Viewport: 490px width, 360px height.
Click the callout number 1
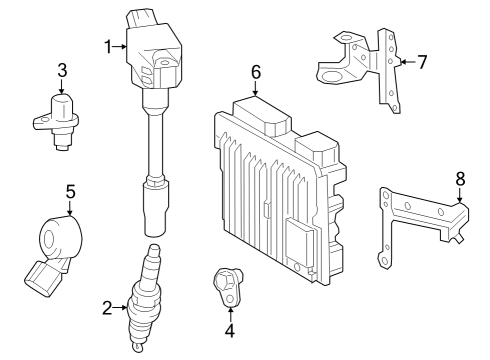(x=109, y=45)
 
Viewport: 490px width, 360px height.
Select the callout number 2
(x=108, y=308)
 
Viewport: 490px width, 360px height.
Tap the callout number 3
(x=62, y=70)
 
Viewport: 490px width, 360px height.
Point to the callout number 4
(x=228, y=331)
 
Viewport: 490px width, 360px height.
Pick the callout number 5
(x=70, y=189)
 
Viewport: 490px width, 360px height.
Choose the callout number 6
(x=256, y=72)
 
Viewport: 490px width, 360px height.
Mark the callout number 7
(x=421, y=62)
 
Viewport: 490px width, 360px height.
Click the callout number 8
(x=460, y=180)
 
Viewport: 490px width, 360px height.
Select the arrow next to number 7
(x=404, y=62)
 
